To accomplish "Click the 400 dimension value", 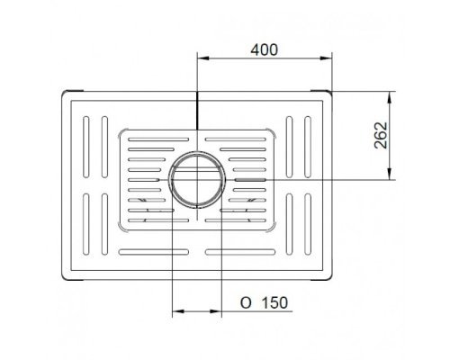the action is pos(265,49).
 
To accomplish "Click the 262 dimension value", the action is pos(382,135).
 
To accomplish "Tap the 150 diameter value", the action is pos(274,302).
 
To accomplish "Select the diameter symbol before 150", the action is pos(246,303).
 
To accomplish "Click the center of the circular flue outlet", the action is pos(197,179).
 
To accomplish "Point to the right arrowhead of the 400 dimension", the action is pos(326,58).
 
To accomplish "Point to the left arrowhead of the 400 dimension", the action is pos(202,58).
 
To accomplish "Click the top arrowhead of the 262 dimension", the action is pos(389,97).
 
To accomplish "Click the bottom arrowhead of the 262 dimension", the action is pos(389,174).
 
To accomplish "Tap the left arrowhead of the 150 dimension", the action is pos(178,311).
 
